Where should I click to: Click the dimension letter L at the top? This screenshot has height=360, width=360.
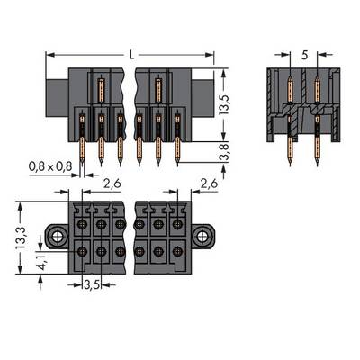131,55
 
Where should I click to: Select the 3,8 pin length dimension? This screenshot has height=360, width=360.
225,152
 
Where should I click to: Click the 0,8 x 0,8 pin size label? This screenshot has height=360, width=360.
50,166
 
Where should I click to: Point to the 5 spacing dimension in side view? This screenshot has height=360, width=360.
304,55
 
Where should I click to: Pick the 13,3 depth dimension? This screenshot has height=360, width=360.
21,238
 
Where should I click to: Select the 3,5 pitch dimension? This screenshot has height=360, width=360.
92,284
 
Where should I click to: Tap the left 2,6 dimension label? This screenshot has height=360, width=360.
112,184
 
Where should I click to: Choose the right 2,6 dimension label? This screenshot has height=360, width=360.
209,184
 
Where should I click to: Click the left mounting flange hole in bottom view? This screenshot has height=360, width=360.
57,238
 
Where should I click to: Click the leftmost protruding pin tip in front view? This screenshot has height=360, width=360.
82,165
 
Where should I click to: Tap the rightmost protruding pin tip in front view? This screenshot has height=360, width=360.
177,165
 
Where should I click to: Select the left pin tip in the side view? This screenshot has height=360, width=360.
290,164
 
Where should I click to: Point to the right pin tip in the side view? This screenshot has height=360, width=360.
318,164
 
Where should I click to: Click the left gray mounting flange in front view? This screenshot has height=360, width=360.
57,98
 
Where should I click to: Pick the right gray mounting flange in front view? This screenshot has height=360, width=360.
202,98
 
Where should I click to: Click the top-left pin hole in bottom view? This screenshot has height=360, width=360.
82,224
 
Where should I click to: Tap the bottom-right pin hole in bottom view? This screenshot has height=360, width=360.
177,251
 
